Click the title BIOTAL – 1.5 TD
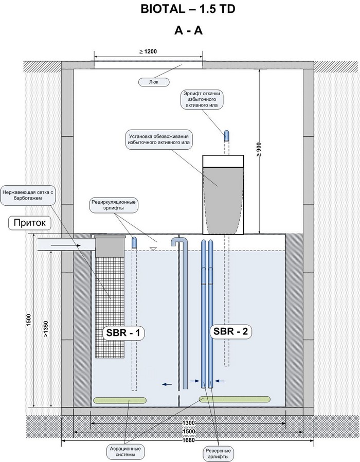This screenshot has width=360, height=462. pyautogui.click(x=188, y=9)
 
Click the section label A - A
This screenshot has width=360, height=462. pyautogui.click(x=188, y=30)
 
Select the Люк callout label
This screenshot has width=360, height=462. pyautogui.click(x=154, y=82)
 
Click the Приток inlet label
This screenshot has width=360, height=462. pyautogui.click(x=30, y=223)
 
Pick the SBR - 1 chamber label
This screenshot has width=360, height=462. pyautogui.click(x=123, y=333)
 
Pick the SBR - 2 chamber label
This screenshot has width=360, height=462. pyautogui.click(x=231, y=331)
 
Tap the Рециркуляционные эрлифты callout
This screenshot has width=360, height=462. pyautogui.click(x=114, y=205)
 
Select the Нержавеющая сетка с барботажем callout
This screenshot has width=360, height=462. pyautogui.click(x=28, y=195)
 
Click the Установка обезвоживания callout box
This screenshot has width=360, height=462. pyautogui.click(x=159, y=139)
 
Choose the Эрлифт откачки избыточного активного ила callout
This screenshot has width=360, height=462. pyautogui.click(x=202, y=99)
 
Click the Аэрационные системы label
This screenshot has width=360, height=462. pyautogui.click(x=125, y=452)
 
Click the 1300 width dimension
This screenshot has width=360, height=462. pyautogui.click(x=189, y=423)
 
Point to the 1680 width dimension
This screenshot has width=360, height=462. pyautogui.click(x=189, y=440)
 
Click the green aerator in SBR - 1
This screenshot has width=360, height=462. pyautogui.click(x=120, y=400)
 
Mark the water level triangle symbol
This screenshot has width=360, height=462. pyautogui.click(x=153, y=248)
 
